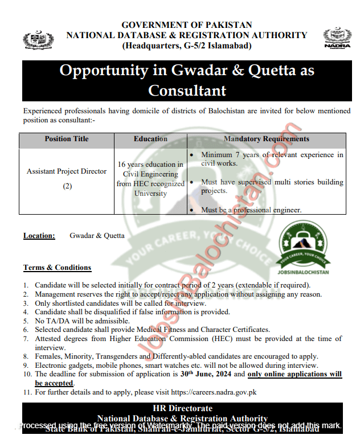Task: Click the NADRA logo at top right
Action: pos(337,39)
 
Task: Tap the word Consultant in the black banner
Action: pos(187,91)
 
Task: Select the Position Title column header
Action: pos(66,139)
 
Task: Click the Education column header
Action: pos(150,139)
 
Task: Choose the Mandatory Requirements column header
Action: pos(267,139)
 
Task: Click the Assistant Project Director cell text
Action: pos(67,171)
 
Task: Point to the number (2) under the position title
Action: pos(67,186)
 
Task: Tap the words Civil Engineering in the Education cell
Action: pos(150,174)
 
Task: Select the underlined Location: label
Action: pos(39,236)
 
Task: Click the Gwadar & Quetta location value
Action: pos(97,236)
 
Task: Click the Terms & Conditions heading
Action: pos(57,268)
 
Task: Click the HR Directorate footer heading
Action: pos(183,408)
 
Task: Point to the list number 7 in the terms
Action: pos(26,339)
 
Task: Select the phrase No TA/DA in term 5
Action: pos(50,321)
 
